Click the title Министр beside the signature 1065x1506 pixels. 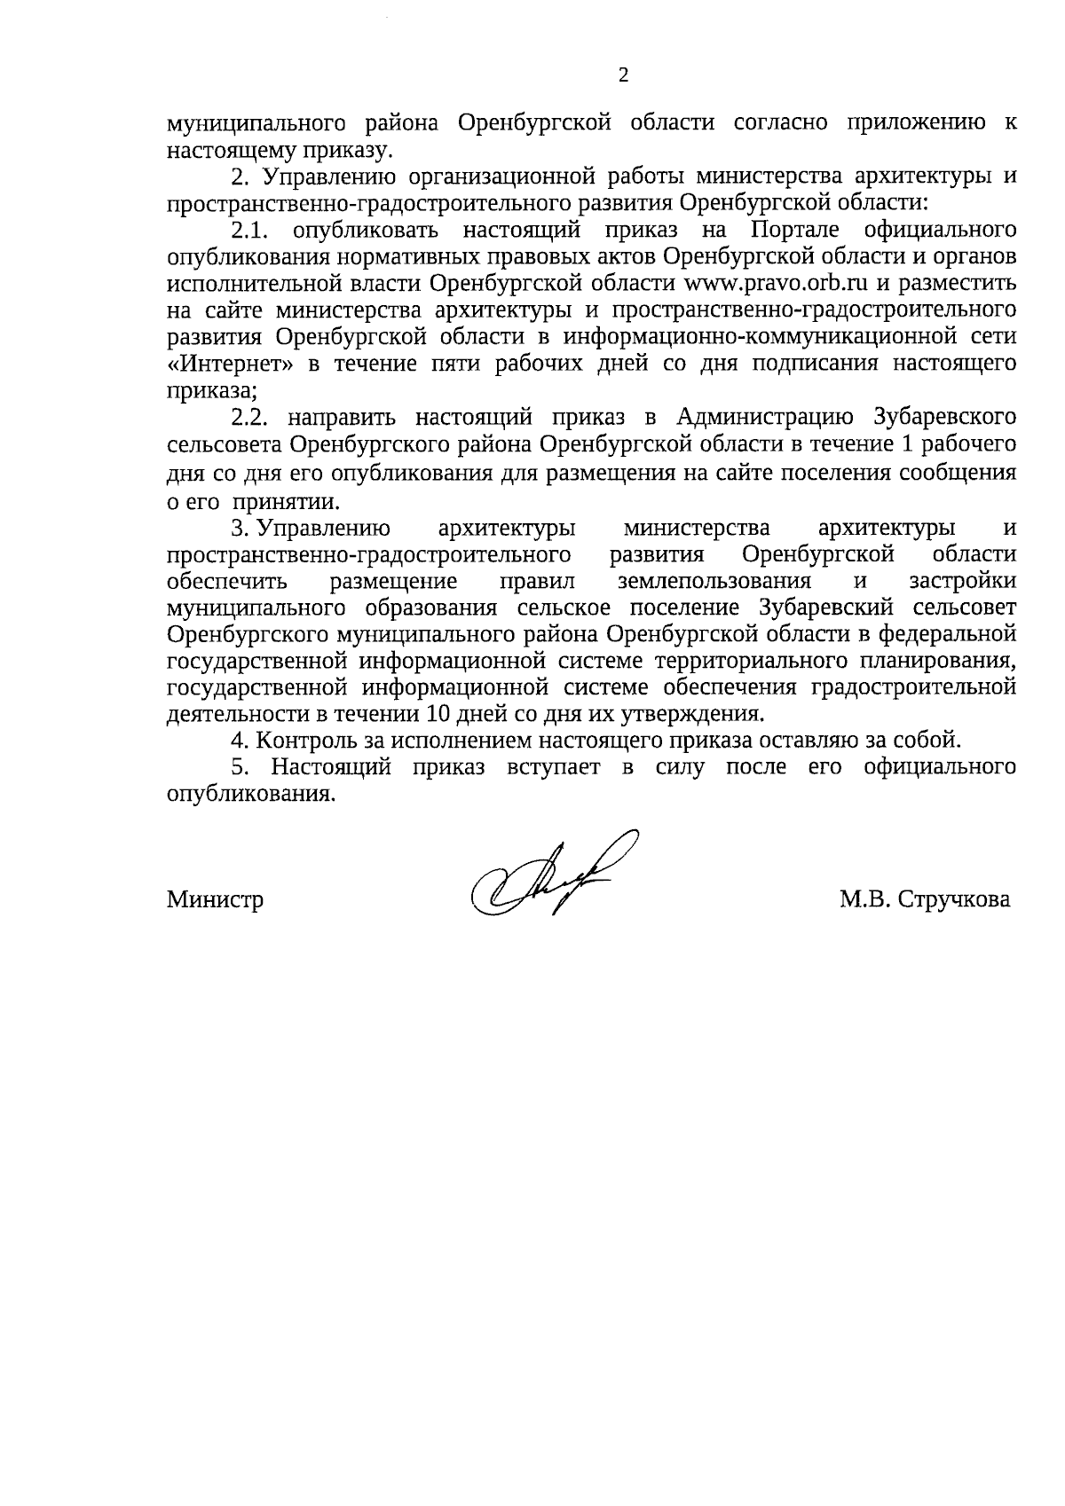(216, 899)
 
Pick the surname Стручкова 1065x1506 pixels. (953, 899)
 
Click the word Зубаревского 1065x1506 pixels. (944, 417)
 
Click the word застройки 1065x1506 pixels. (962, 581)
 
